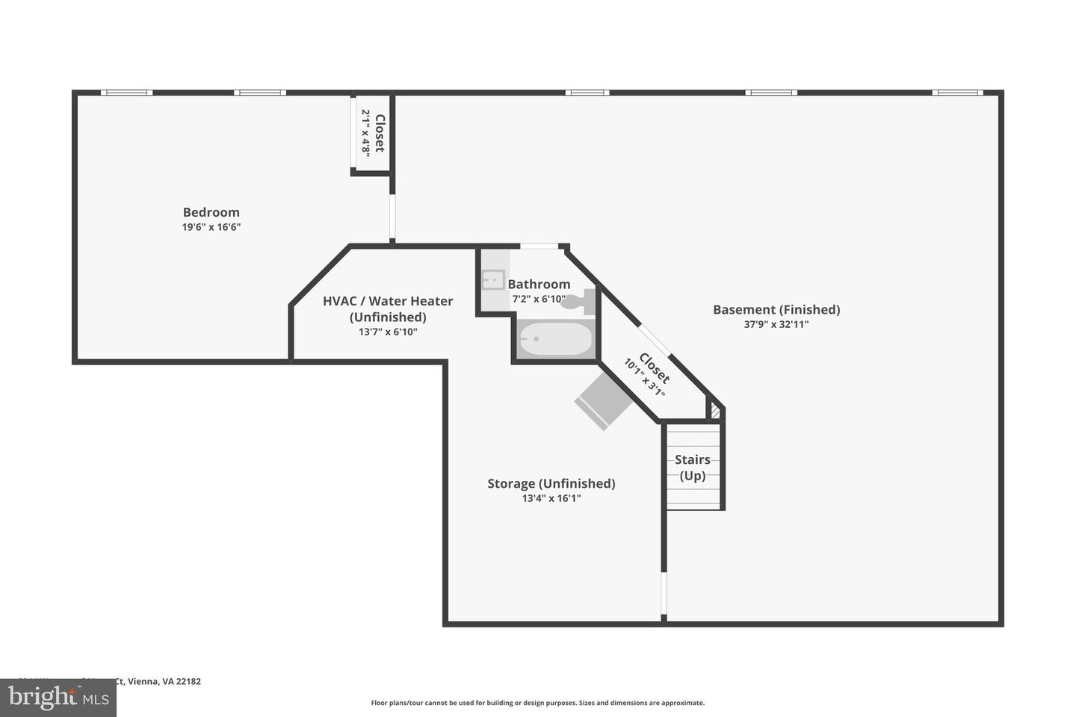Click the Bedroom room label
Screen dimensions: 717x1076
tap(211, 212)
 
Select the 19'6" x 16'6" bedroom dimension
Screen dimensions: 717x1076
tap(211, 227)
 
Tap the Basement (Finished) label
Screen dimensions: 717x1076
tap(776, 309)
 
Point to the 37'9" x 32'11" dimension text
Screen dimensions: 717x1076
tap(776, 324)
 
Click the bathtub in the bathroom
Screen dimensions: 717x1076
tap(555, 340)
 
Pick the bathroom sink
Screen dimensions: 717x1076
tap(492, 280)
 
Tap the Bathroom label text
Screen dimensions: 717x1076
tap(539, 284)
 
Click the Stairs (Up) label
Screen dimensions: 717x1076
tap(692, 468)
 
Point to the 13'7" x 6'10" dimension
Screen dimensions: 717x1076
tap(388, 332)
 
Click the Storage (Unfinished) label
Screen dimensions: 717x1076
tap(551, 483)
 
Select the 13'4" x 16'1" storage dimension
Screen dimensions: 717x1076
tap(551, 498)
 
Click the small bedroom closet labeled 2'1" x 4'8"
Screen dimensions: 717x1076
tap(371, 133)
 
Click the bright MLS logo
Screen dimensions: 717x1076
tap(58, 698)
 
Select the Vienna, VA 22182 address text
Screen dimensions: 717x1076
tap(163, 681)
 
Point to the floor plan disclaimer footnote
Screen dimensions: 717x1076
tap(537, 703)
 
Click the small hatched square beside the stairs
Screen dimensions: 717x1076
tap(715, 411)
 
